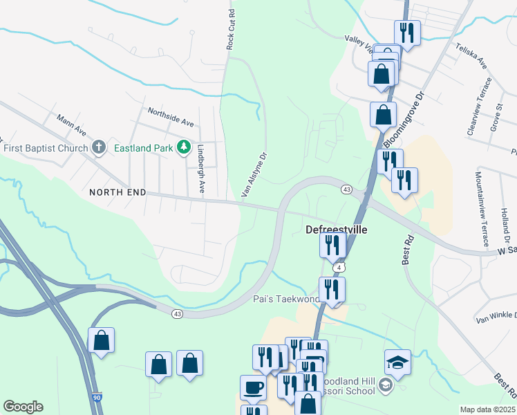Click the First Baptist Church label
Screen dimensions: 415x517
point(46,148)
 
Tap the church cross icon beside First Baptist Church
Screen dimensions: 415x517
point(99,147)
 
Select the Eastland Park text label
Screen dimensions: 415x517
point(144,147)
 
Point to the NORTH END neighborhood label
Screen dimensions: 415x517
point(117,192)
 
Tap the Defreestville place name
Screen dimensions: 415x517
point(337,230)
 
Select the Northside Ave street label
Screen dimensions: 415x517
point(171,115)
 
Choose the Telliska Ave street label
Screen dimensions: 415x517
point(471,55)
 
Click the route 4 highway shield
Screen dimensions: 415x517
point(338,267)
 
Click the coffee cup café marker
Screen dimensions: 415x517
point(252,389)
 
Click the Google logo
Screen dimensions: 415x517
point(23,407)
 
